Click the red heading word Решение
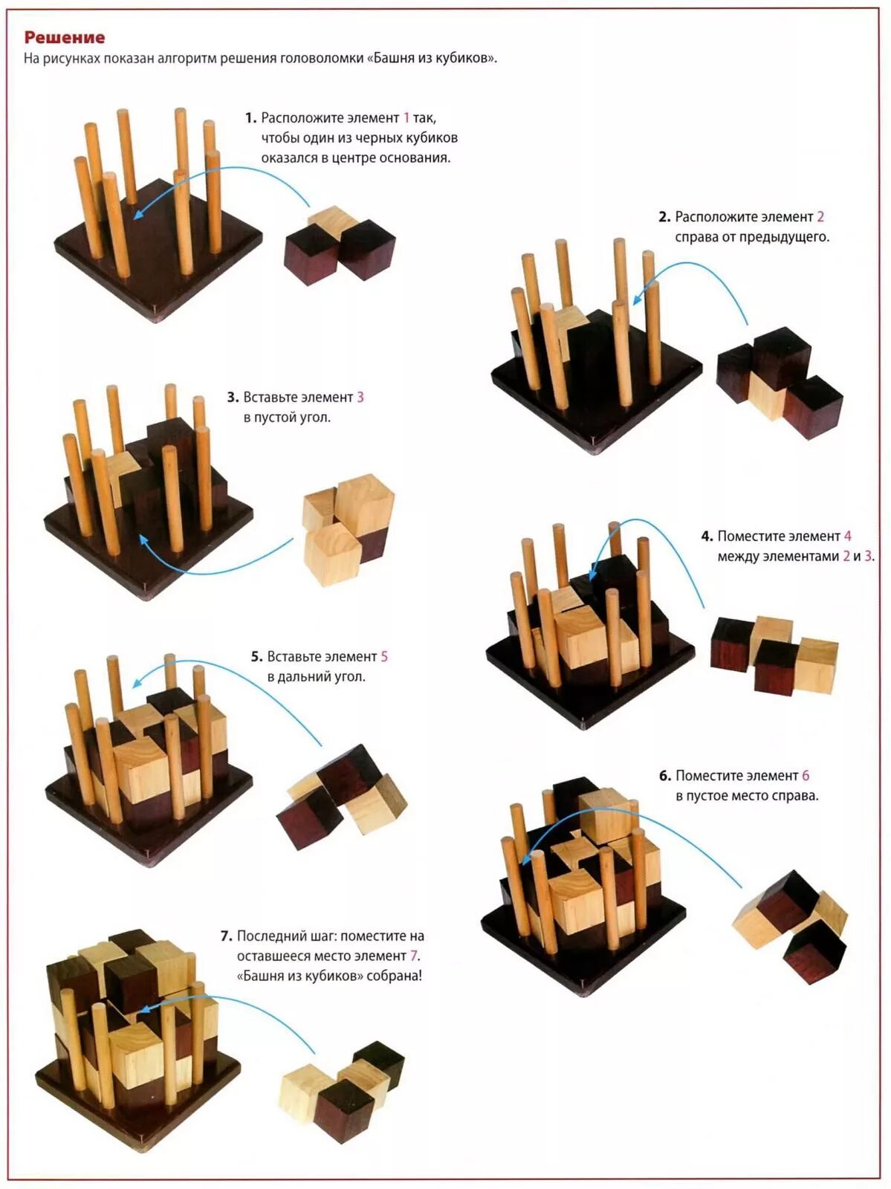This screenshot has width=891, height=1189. (65, 37)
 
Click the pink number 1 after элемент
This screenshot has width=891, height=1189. (406, 118)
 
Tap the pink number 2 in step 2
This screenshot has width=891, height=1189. (820, 217)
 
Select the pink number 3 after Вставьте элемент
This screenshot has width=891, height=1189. (360, 398)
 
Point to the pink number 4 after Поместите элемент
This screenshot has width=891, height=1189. (847, 537)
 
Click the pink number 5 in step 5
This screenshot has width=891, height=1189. (384, 657)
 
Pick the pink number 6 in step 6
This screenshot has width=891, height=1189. (806, 776)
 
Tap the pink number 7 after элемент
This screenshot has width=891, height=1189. (414, 956)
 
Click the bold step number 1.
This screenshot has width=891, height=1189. (250, 118)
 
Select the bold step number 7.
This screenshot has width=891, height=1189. (226, 936)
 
